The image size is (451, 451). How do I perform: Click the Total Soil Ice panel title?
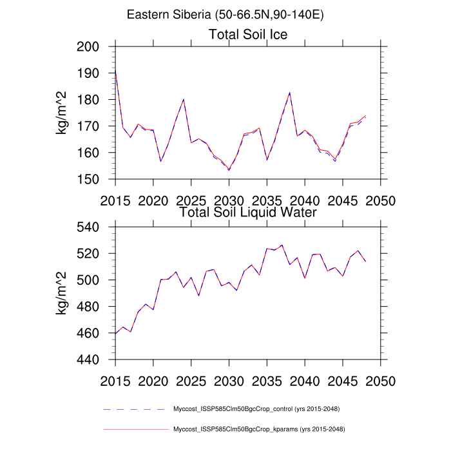tap(248, 34)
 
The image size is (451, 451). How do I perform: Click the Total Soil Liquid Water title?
tap(248, 211)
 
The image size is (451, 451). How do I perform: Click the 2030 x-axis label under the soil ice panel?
tap(229, 199)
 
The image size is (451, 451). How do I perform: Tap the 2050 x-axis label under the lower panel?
tap(381, 379)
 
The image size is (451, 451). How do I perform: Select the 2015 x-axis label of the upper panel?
tap(115, 199)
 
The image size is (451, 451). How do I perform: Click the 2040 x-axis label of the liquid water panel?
tap(305, 379)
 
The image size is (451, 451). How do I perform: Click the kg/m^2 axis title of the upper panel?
tap(63, 113)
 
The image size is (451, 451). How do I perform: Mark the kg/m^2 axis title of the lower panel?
tap(63, 293)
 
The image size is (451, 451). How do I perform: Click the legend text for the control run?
tap(256, 409)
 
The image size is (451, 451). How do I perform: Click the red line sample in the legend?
tap(135, 429)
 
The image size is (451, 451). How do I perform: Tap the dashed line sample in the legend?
tap(135, 409)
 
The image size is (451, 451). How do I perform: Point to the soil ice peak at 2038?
tap(290, 93)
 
